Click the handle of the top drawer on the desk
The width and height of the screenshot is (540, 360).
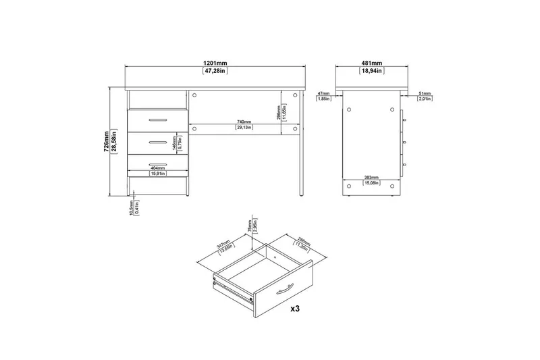(x=157, y=120)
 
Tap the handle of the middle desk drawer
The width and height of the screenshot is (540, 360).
(x=157, y=141)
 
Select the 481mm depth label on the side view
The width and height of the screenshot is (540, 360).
(x=369, y=63)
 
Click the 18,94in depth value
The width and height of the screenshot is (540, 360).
(x=369, y=70)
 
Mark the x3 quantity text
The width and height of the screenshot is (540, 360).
(x=295, y=309)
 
